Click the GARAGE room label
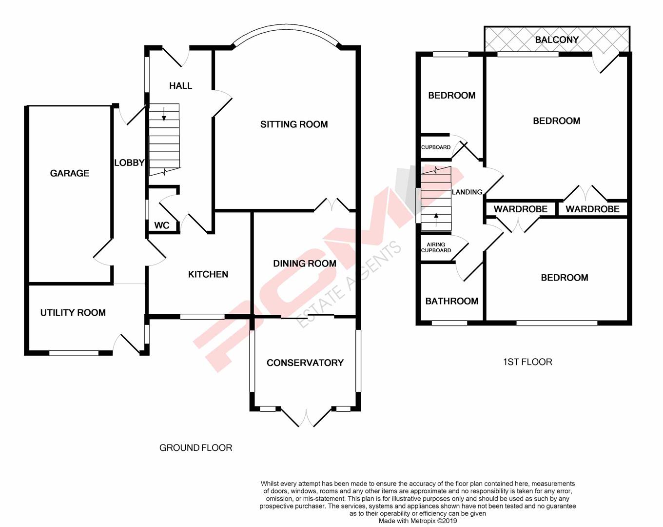69,173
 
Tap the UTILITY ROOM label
73,313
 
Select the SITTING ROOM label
293,124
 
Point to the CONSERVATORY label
305,363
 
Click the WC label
161,225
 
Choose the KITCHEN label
208,274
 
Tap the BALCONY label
557,40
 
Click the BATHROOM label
451,301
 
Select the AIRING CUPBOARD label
436,247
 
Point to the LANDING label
467,192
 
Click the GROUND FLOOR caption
195,447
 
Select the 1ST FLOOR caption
527,362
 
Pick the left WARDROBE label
520,209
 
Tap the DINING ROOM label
304,263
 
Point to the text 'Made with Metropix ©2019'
418,521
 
